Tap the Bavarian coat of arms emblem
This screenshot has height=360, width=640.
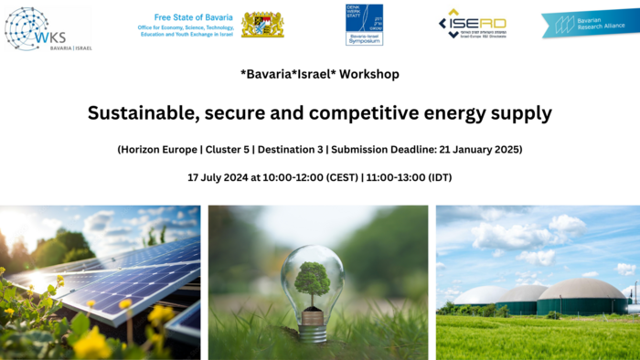click(262, 24)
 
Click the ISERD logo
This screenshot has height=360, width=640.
click(472, 24)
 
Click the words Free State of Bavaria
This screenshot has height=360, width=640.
click(194, 16)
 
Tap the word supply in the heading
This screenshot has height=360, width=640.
click(521, 113)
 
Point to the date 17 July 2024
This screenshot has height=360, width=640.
click(218, 176)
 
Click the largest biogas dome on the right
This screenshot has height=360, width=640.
click(581, 296)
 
